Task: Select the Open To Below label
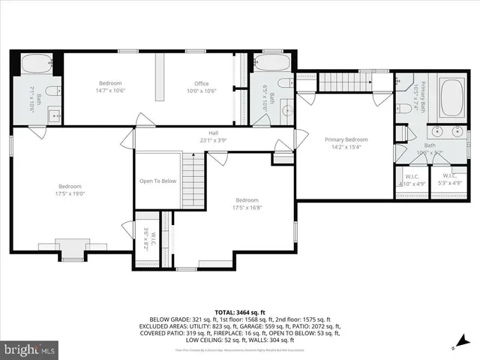click(157, 181)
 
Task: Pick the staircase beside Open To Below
click(193, 180)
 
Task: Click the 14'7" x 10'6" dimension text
click(109, 91)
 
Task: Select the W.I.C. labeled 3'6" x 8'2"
click(152, 240)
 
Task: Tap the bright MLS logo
click(30, 349)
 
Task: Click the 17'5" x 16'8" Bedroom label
click(247, 203)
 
